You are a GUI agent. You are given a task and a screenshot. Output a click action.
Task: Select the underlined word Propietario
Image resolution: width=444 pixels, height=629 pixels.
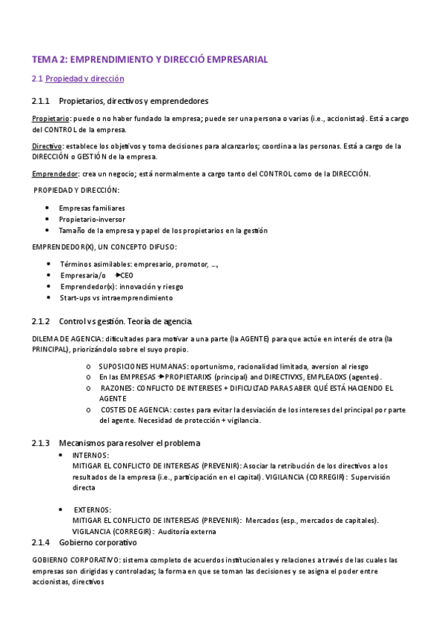tap(51, 119)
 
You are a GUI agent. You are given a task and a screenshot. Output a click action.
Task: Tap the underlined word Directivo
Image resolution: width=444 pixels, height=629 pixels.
tap(47, 146)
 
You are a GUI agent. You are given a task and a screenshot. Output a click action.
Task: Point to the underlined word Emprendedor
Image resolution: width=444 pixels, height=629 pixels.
tap(55, 174)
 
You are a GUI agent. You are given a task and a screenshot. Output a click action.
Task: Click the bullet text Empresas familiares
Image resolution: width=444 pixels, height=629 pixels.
tap(92, 208)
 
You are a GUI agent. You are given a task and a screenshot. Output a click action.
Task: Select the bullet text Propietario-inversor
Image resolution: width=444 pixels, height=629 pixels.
tap(93, 220)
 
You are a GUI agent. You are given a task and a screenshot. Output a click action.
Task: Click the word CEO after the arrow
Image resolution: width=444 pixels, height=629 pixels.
tap(127, 275)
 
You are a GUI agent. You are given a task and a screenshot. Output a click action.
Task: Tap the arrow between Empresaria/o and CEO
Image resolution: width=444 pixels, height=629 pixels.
tap(118, 275)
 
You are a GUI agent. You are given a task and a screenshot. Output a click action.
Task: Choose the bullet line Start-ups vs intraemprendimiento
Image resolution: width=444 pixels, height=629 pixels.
tap(116, 297)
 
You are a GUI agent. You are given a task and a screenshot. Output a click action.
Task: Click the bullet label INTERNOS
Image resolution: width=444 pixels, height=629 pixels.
tap(90, 455)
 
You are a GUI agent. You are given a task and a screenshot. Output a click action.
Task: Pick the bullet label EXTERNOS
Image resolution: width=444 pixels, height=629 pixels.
tap(92, 510)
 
